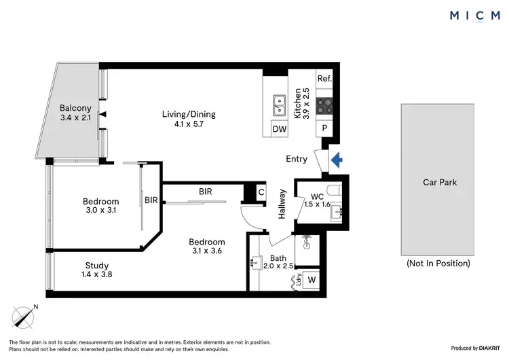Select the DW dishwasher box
point(279,128)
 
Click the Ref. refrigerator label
point(324,79)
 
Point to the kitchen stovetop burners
point(324,105)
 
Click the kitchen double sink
point(279,105)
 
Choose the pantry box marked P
point(324,128)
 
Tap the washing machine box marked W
point(311,279)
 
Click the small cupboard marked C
point(261,192)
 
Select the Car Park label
point(439,182)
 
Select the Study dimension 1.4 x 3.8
point(96,275)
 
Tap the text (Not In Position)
point(438,263)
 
